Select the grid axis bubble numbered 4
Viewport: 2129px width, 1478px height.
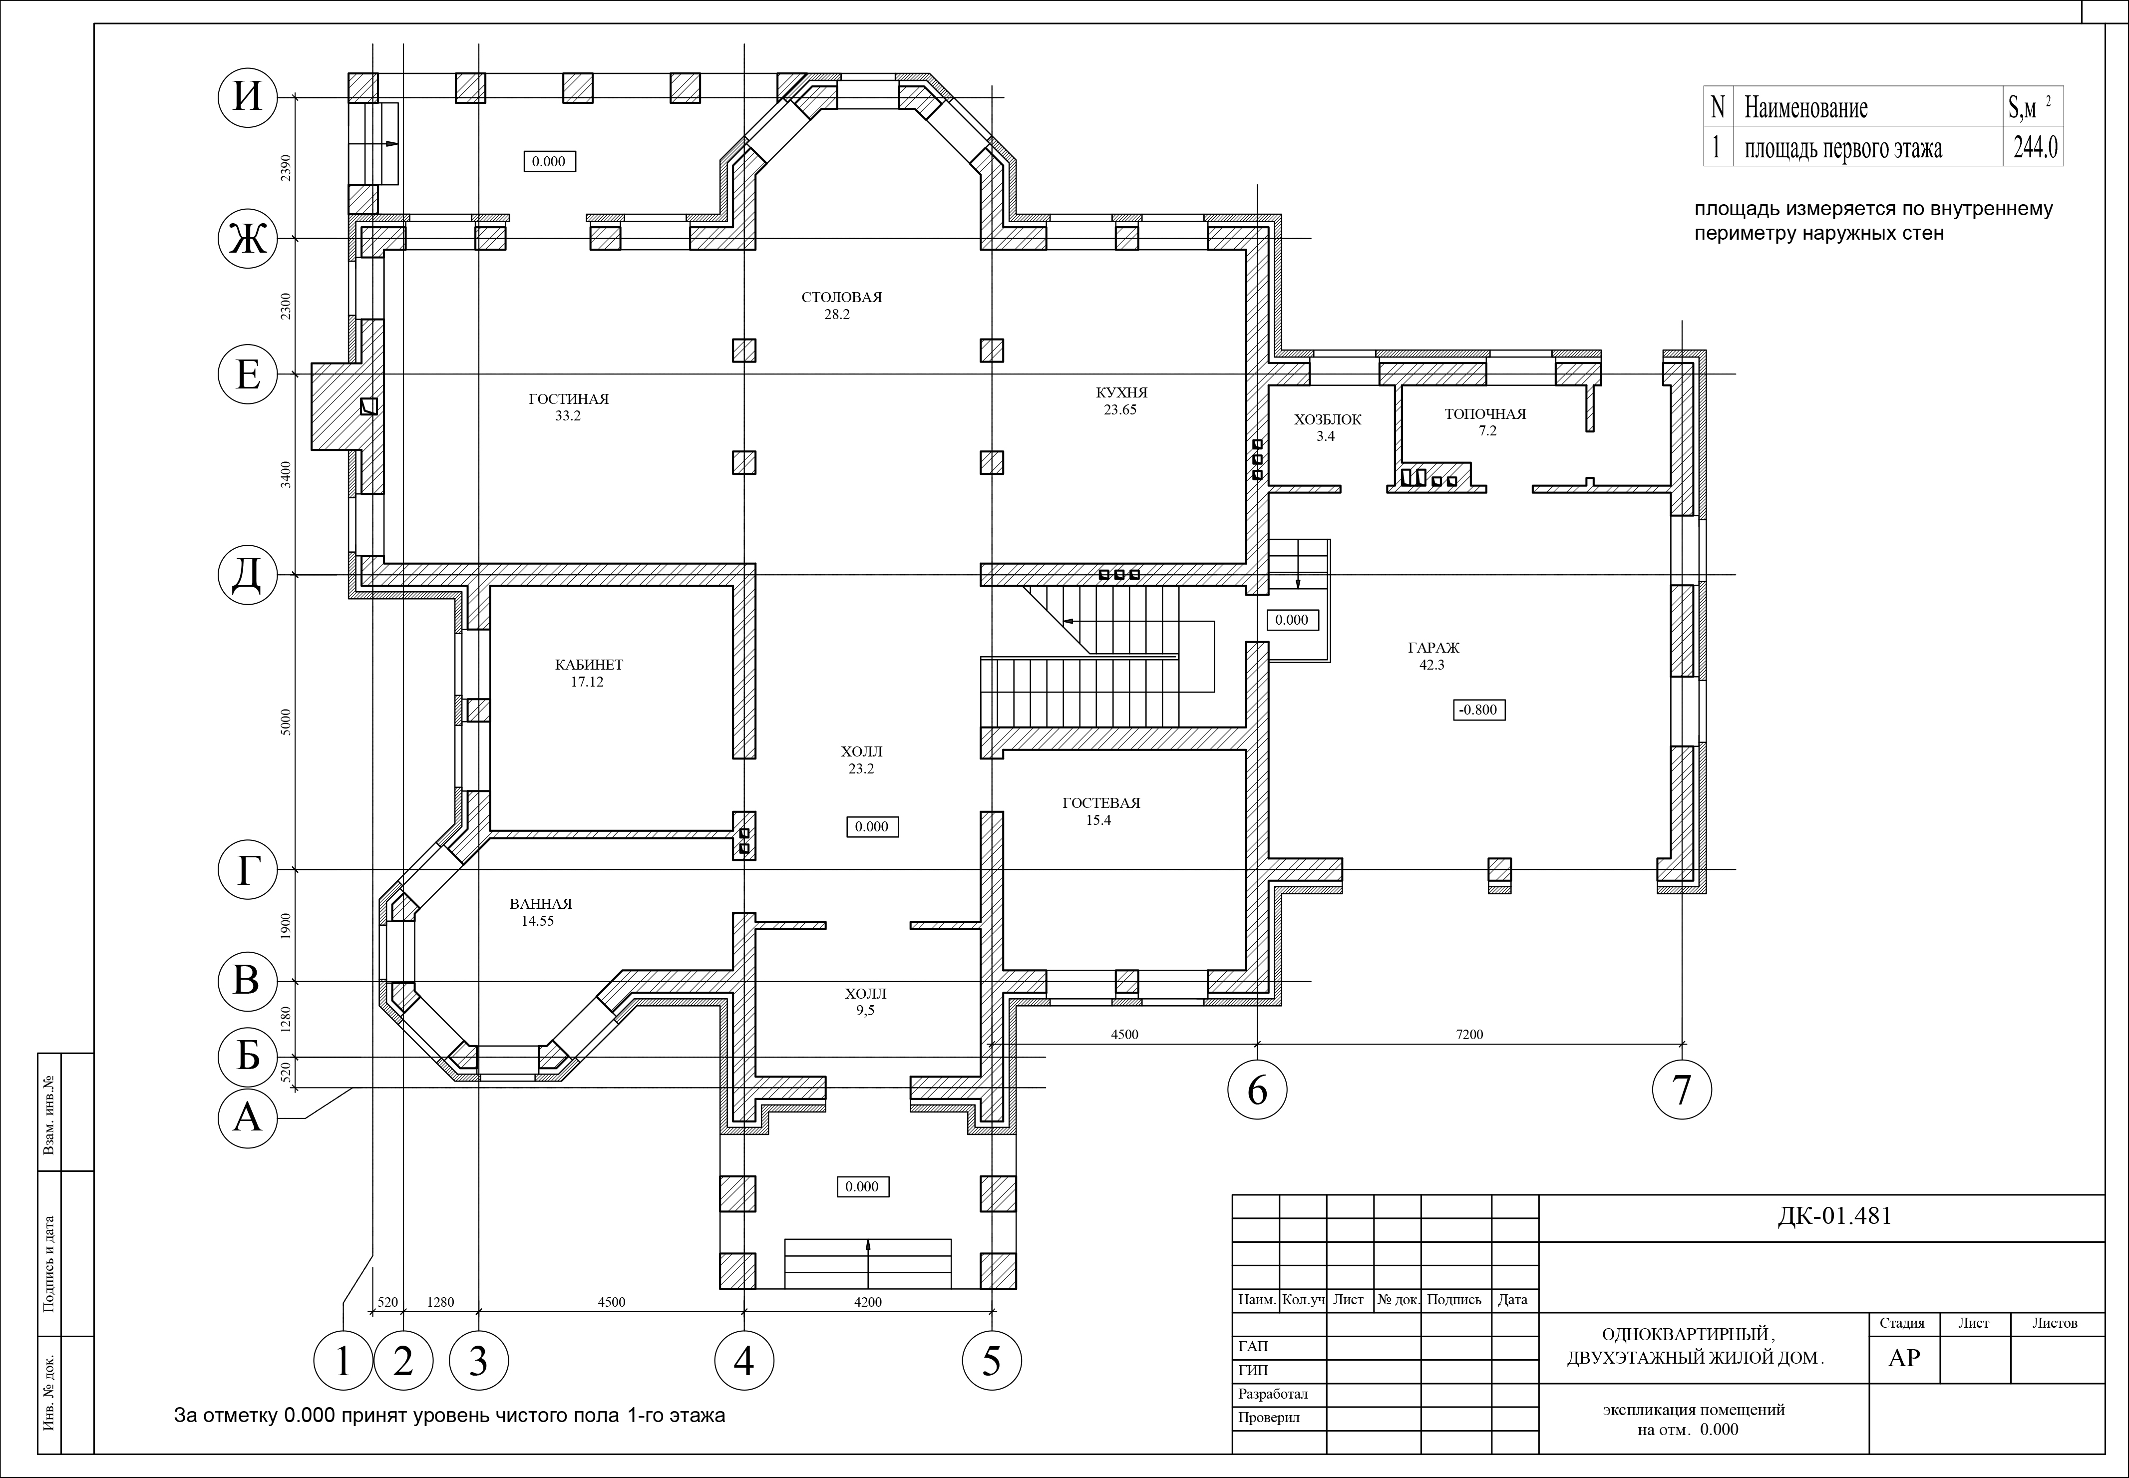743,1361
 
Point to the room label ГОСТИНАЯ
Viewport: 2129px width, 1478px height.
569,399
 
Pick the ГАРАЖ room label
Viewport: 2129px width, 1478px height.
1432,648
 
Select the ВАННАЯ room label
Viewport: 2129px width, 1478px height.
541,904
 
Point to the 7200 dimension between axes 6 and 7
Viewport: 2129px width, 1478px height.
1469,1035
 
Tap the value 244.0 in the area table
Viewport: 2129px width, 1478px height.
2036,147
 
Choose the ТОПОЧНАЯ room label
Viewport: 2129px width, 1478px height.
1485,414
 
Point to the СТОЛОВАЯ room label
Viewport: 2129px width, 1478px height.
842,297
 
